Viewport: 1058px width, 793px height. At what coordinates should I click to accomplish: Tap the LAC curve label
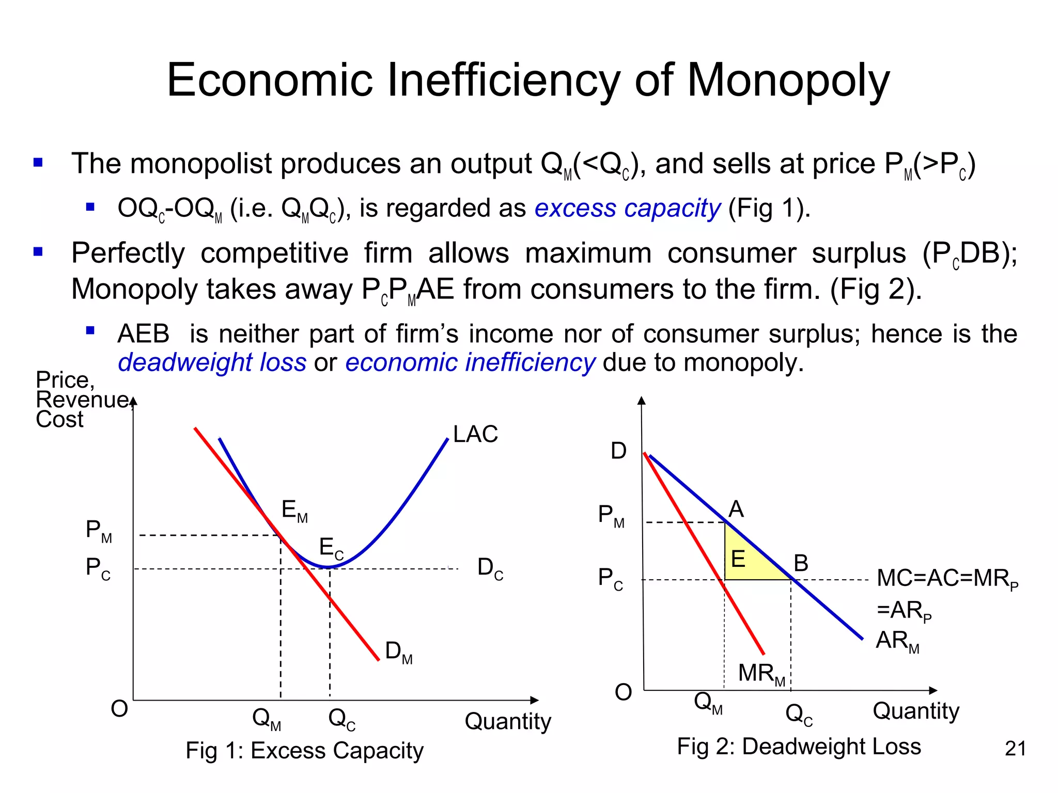coord(475,434)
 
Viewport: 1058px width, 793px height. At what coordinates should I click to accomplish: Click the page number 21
coord(1015,749)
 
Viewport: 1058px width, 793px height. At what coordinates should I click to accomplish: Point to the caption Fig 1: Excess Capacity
coord(304,751)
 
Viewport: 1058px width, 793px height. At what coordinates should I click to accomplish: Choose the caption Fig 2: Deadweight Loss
coord(799,747)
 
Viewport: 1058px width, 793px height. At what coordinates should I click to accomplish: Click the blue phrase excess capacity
coord(627,209)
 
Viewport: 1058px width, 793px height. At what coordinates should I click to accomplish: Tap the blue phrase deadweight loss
coord(212,362)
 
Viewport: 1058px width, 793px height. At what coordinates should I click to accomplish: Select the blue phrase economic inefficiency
coord(470,362)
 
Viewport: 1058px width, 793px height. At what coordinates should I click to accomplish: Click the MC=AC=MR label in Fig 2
coord(947,579)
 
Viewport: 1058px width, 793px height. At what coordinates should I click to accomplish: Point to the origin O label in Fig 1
coord(119,709)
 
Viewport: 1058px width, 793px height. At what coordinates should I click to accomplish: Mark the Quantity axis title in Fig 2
coord(915,711)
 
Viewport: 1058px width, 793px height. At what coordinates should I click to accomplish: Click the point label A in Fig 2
coord(736,510)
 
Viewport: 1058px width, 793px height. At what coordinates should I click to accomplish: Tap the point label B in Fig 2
coord(801,563)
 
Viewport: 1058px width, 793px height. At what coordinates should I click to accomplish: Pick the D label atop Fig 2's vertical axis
coord(618,451)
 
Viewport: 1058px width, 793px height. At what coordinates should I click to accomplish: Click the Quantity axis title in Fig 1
coord(508,721)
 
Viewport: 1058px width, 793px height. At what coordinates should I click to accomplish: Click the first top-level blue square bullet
coord(38,163)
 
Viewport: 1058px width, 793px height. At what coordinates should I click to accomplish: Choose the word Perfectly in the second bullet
coord(128,253)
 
